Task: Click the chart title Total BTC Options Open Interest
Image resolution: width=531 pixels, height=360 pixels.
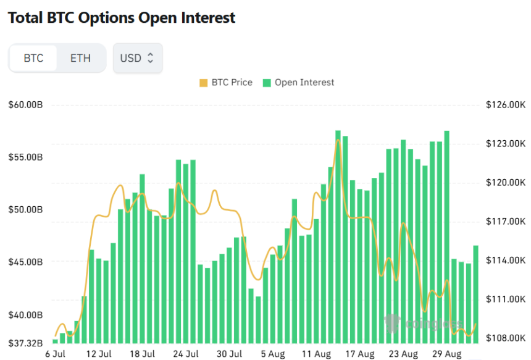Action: [122, 18]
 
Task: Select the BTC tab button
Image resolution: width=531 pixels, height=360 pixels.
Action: [33, 59]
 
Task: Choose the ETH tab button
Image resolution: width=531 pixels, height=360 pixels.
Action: [80, 59]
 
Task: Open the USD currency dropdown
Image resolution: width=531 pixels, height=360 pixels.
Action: [137, 59]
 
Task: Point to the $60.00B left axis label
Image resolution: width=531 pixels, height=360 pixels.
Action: [25, 105]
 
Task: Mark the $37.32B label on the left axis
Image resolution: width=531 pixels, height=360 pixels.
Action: [25, 343]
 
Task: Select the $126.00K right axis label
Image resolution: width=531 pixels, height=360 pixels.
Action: [505, 105]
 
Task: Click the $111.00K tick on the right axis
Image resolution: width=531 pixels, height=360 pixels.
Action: [505, 299]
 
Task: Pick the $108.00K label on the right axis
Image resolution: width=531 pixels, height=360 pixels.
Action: [505, 338]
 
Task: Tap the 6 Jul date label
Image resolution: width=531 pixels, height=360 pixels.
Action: [56, 354]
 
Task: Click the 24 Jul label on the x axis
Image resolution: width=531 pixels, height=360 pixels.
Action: [185, 354]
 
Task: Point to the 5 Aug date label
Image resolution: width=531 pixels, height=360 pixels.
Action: [272, 354]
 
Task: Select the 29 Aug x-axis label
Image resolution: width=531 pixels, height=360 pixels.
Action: [446, 354]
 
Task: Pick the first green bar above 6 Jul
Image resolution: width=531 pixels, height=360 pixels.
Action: [56, 341]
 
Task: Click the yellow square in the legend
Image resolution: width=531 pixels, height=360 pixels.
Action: [204, 83]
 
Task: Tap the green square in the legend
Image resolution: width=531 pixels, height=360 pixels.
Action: [267, 83]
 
